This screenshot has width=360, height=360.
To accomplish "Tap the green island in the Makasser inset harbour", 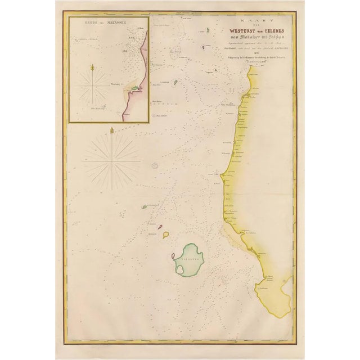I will click(136, 88).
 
